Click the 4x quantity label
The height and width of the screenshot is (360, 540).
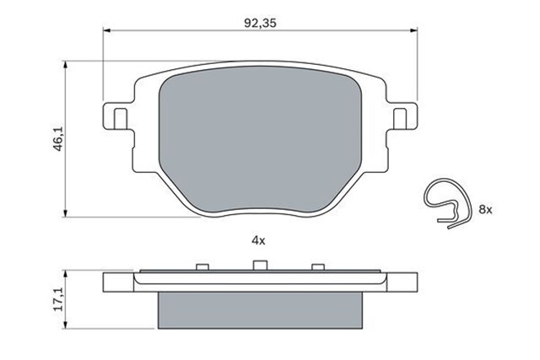258,240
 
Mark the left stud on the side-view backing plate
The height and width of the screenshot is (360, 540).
201,268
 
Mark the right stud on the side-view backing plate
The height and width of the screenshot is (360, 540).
316,268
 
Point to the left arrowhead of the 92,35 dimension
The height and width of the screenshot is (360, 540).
106,31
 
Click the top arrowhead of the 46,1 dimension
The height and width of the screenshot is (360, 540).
67,64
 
